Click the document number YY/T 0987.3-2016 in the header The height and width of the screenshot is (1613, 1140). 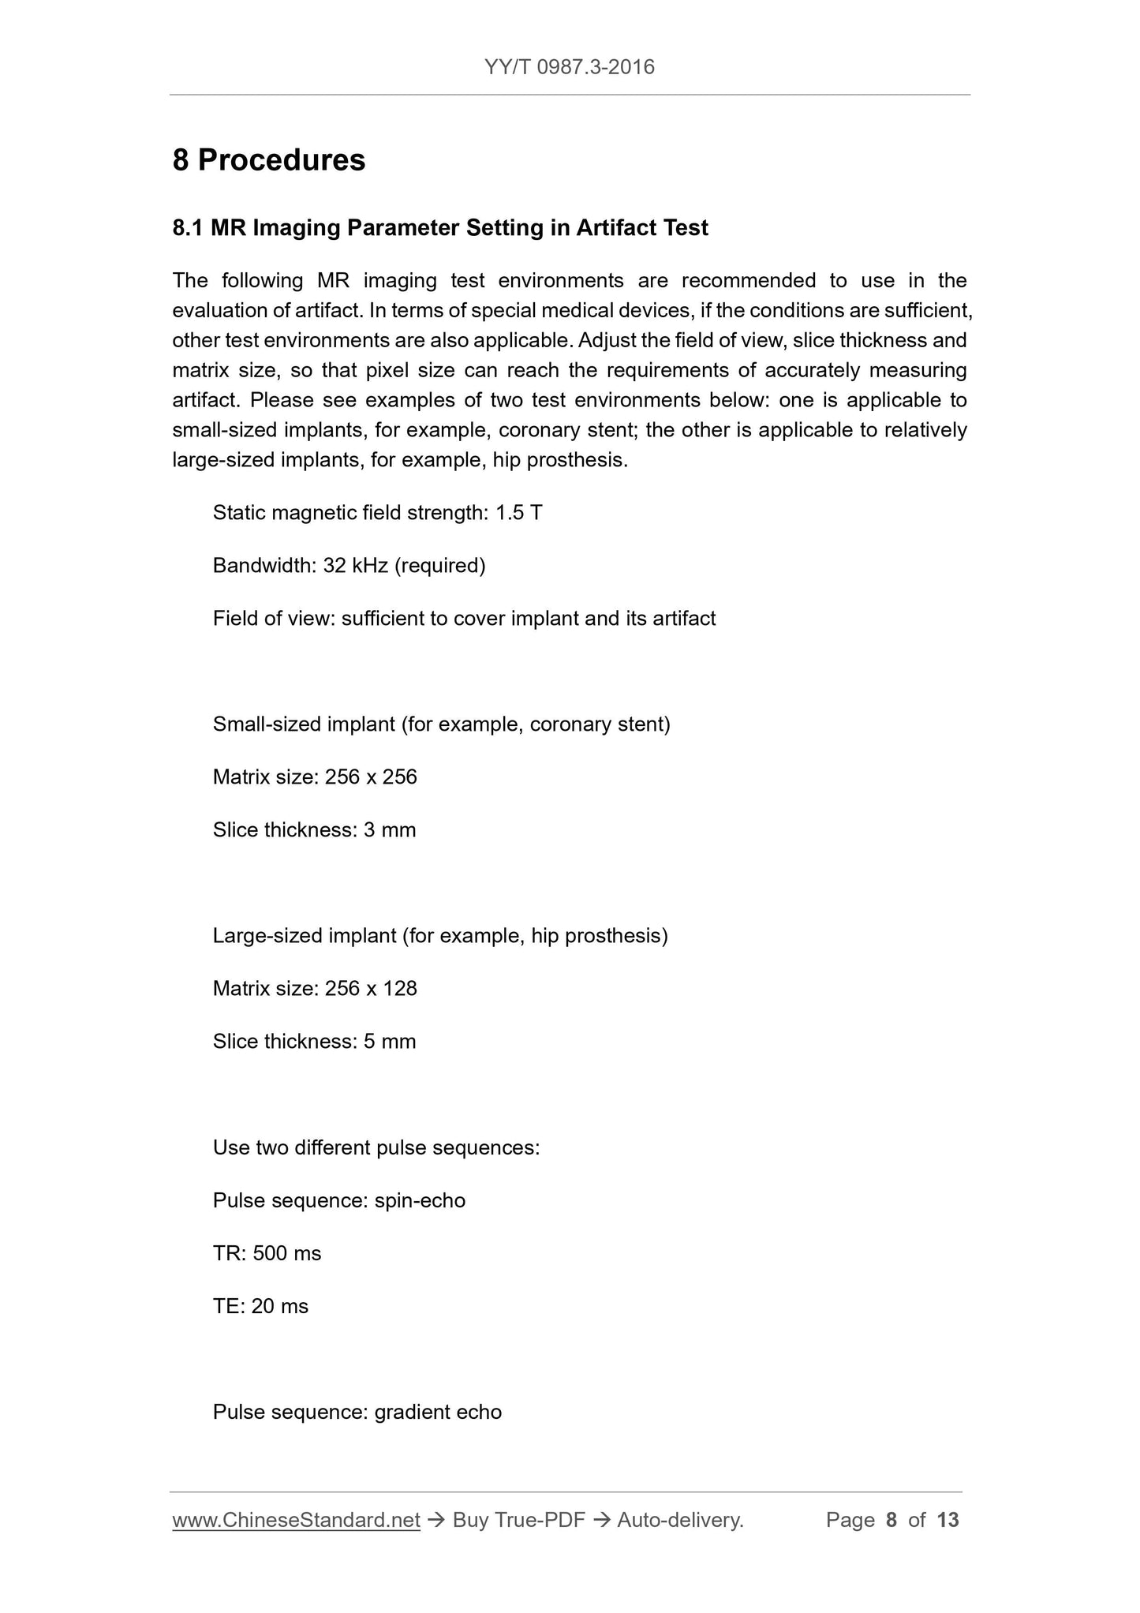click(x=570, y=66)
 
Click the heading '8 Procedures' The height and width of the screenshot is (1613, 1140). click(x=269, y=160)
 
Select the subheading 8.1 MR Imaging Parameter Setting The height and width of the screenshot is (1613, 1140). click(x=440, y=228)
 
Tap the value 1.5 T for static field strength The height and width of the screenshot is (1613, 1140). click(x=518, y=513)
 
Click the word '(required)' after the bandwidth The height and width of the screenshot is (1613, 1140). click(x=440, y=566)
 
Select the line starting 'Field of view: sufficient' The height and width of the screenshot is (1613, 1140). click(x=464, y=618)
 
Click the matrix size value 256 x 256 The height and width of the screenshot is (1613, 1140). click(x=371, y=777)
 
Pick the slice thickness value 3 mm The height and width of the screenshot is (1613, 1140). click(x=390, y=830)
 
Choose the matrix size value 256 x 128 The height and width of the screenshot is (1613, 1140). click(x=371, y=989)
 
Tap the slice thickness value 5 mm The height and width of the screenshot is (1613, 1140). click(x=390, y=1042)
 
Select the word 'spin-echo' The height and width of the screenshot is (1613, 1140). click(x=420, y=1200)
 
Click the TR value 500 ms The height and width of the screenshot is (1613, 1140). click(x=287, y=1253)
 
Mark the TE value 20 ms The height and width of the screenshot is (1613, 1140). click(x=280, y=1306)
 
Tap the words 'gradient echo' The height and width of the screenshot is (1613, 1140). click(x=438, y=1412)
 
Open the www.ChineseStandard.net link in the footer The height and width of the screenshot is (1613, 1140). click(x=296, y=1520)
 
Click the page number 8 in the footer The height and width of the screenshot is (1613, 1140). click(x=891, y=1520)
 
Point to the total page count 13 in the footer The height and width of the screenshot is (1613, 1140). click(x=948, y=1520)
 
